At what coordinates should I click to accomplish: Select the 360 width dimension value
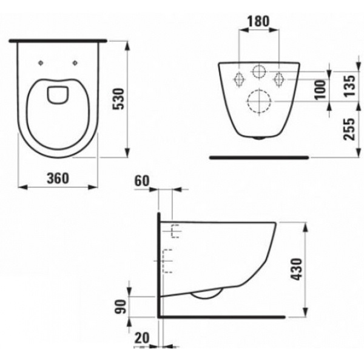[56, 178]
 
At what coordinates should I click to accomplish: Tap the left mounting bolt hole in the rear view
[238, 78]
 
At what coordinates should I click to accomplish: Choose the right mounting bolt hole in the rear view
[280, 78]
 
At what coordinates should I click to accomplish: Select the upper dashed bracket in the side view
[175, 230]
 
